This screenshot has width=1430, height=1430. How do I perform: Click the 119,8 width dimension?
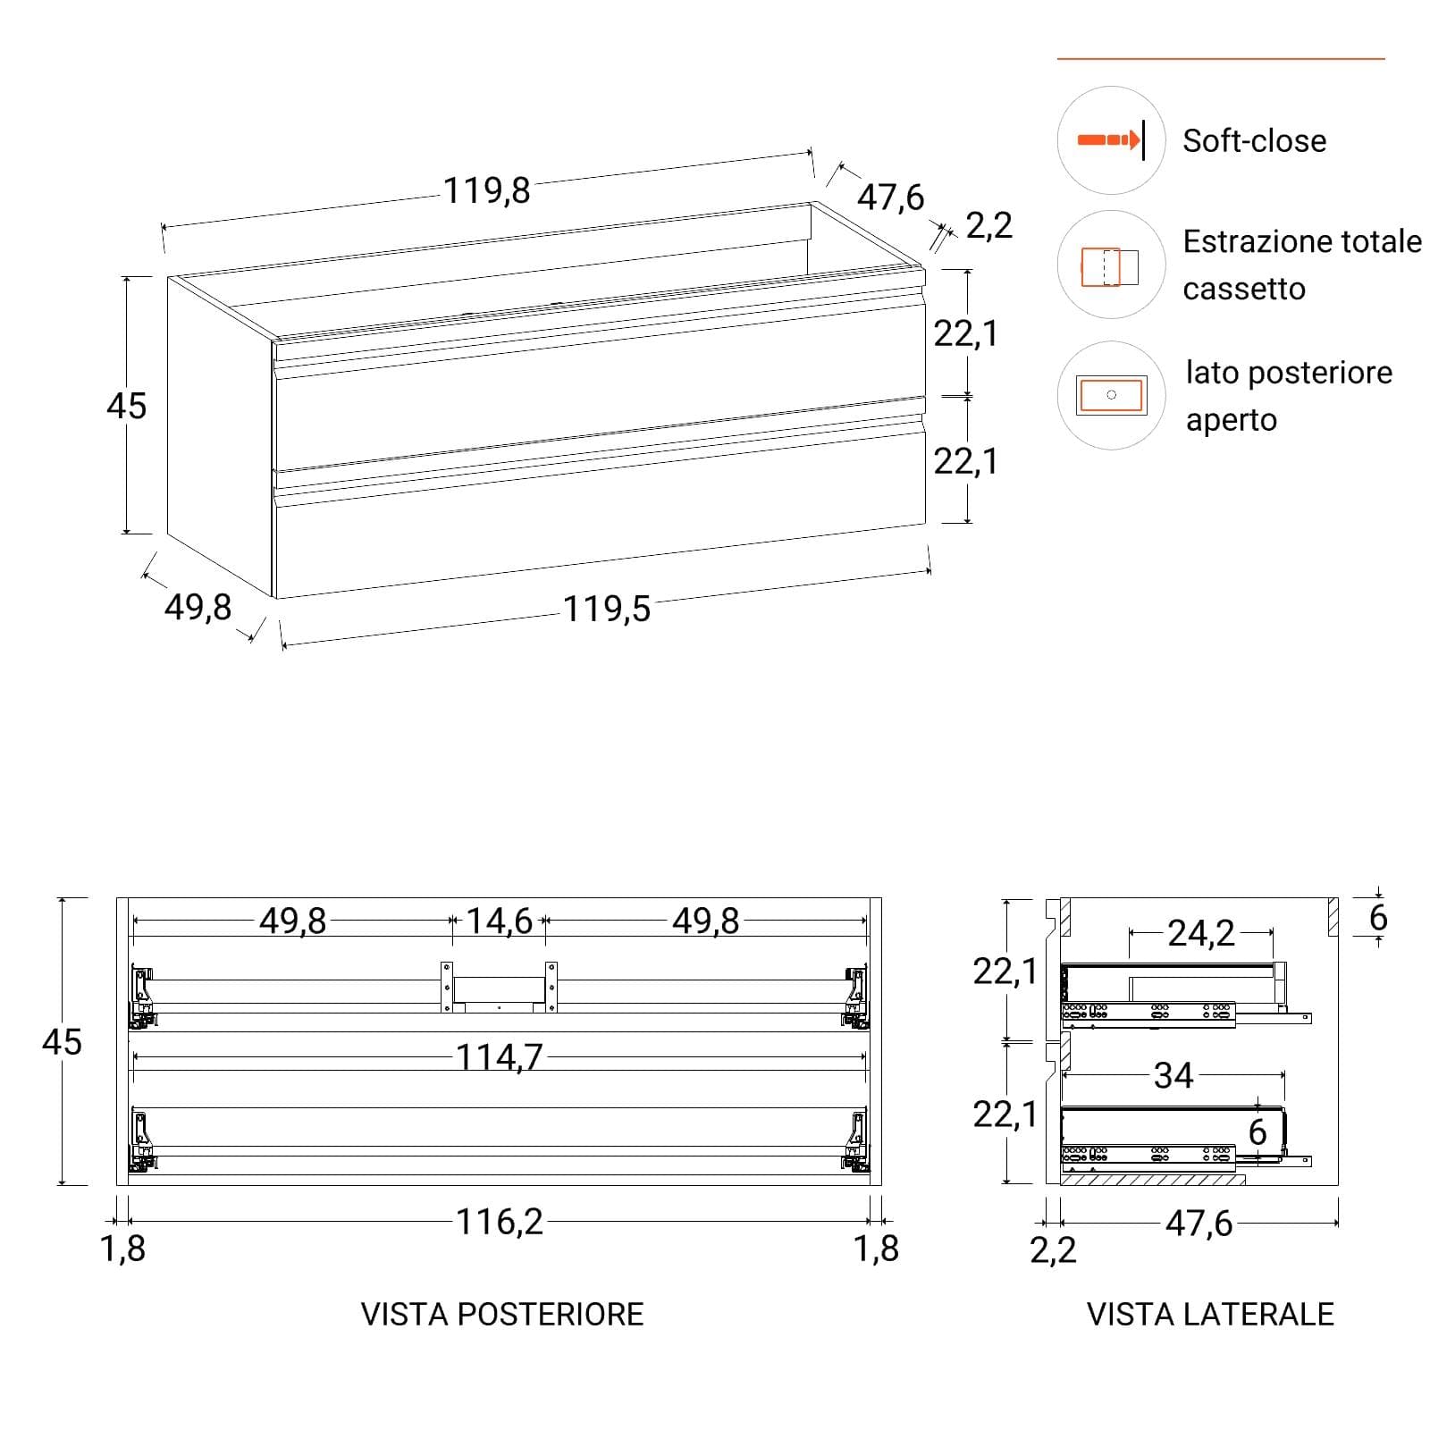point(487,190)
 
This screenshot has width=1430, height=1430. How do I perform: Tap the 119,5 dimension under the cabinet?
point(607,609)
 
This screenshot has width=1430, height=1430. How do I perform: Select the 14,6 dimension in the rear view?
point(500,921)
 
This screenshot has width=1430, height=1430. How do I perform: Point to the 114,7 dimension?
point(500,1057)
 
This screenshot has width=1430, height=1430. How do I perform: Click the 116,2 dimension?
point(500,1222)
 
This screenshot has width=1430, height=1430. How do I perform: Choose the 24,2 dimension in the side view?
point(1201,933)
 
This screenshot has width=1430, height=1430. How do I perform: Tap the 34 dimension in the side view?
point(1173,1075)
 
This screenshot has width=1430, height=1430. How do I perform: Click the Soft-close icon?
point(1111,140)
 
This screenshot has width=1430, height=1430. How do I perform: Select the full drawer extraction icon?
point(1111,265)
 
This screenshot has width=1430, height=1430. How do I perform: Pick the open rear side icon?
point(1111,395)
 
